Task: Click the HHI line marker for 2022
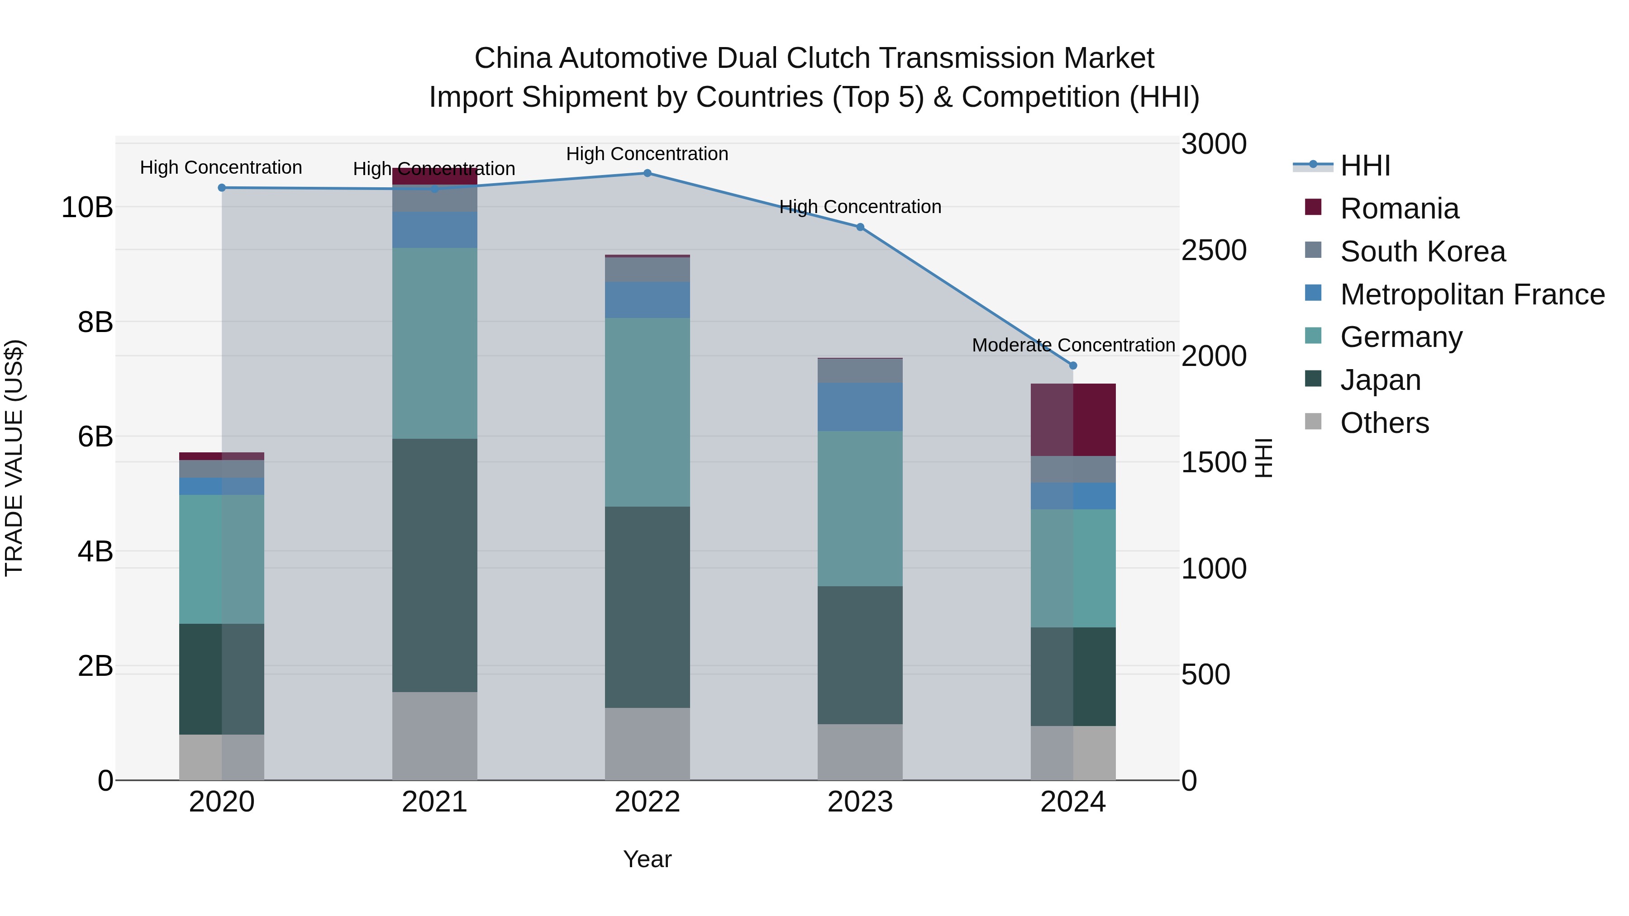point(647,173)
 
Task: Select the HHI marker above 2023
point(860,227)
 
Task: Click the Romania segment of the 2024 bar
point(1073,420)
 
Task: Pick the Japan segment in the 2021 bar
point(434,565)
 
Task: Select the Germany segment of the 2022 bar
point(647,412)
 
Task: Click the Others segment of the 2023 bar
point(860,752)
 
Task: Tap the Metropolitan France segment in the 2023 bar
point(860,407)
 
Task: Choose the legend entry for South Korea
point(1422,252)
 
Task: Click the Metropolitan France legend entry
point(1472,294)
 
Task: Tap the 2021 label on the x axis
point(434,802)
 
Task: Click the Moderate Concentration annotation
point(1073,345)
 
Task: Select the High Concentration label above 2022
point(647,154)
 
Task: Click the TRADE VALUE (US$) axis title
point(14,458)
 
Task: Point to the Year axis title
point(647,859)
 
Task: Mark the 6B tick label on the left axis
point(95,436)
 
